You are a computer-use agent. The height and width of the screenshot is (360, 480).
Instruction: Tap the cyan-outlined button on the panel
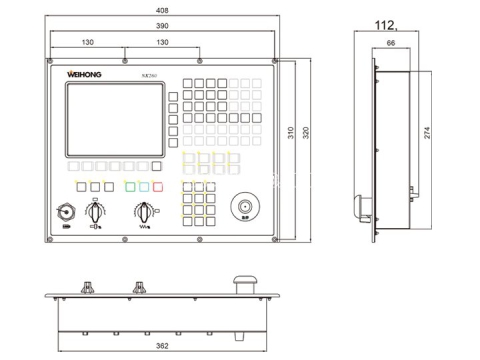coord(158,186)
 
